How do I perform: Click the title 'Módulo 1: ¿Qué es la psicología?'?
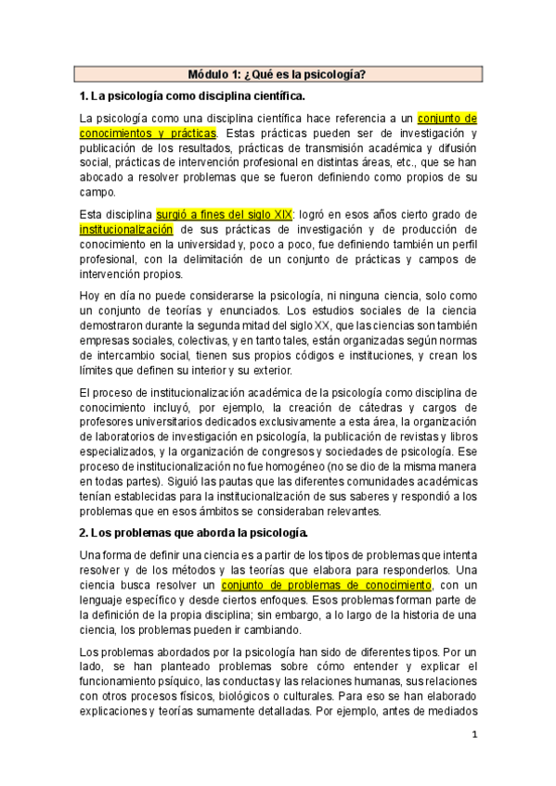point(277,74)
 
